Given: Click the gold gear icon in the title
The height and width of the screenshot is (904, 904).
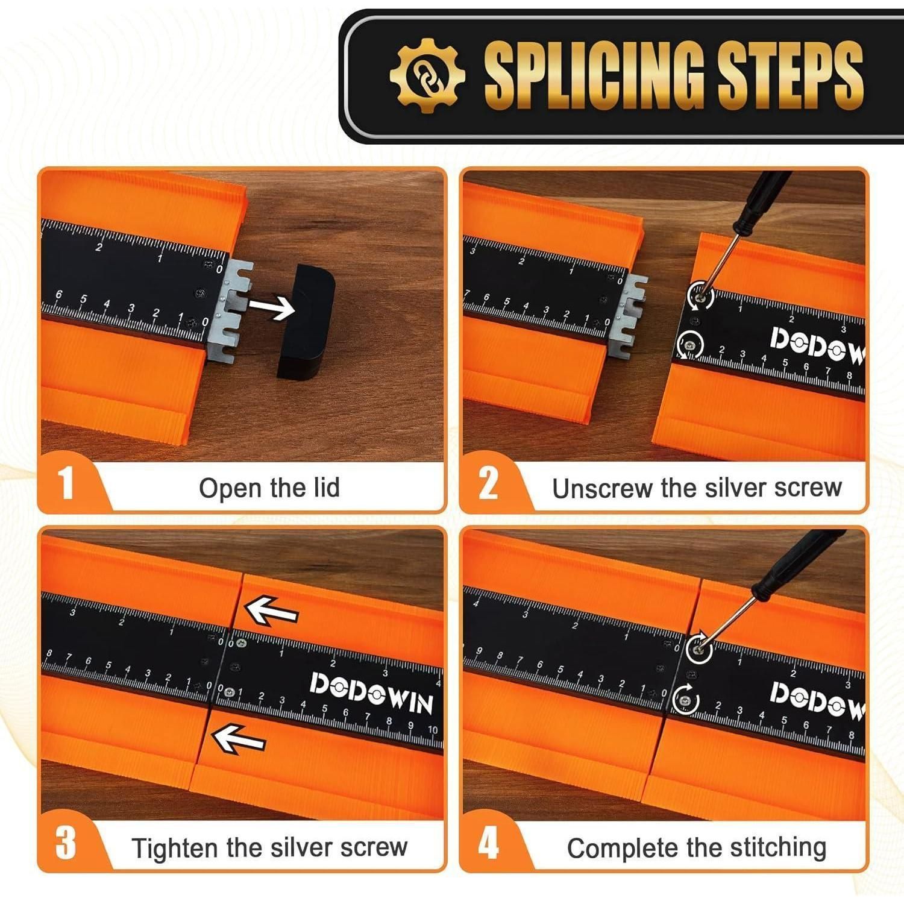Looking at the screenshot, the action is [x=427, y=75].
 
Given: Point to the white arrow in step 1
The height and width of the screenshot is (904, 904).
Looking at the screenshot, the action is [x=272, y=307].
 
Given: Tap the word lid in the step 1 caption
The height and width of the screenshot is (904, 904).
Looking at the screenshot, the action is [x=326, y=487].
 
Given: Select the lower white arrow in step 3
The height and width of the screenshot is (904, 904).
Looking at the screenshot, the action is [x=239, y=738].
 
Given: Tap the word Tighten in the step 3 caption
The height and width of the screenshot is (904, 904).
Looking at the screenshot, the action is [x=175, y=849].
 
